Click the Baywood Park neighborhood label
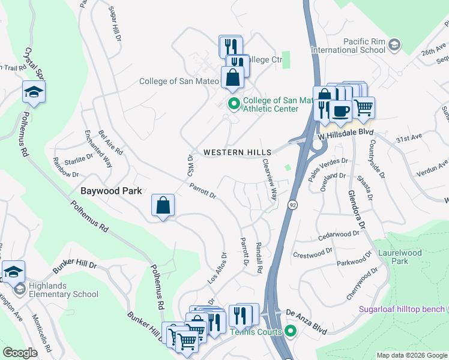[111, 191]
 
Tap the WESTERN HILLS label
[237, 152]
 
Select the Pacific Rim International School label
[356, 46]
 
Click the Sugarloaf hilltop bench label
[402, 310]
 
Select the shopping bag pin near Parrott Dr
[163, 205]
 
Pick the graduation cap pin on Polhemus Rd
[34, 92]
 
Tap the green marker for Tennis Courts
[291, 331]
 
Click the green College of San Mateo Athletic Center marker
[234, 104]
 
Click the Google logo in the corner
[20, 353]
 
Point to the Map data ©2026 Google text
[411, 355]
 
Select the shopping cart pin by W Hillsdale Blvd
[363, 107]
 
